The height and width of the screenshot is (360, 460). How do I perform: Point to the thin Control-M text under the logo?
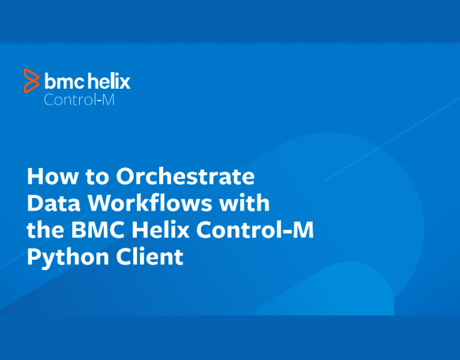point(79,100)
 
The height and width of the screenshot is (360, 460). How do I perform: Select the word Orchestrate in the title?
point(185,177)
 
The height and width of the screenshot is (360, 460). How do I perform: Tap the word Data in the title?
point(53,204)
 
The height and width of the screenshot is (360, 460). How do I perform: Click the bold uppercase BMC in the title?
point(95,230)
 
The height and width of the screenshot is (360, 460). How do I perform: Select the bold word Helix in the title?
point(161,230)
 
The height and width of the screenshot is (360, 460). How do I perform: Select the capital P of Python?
point(34,257)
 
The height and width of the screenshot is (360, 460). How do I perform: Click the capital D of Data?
point(35,204)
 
